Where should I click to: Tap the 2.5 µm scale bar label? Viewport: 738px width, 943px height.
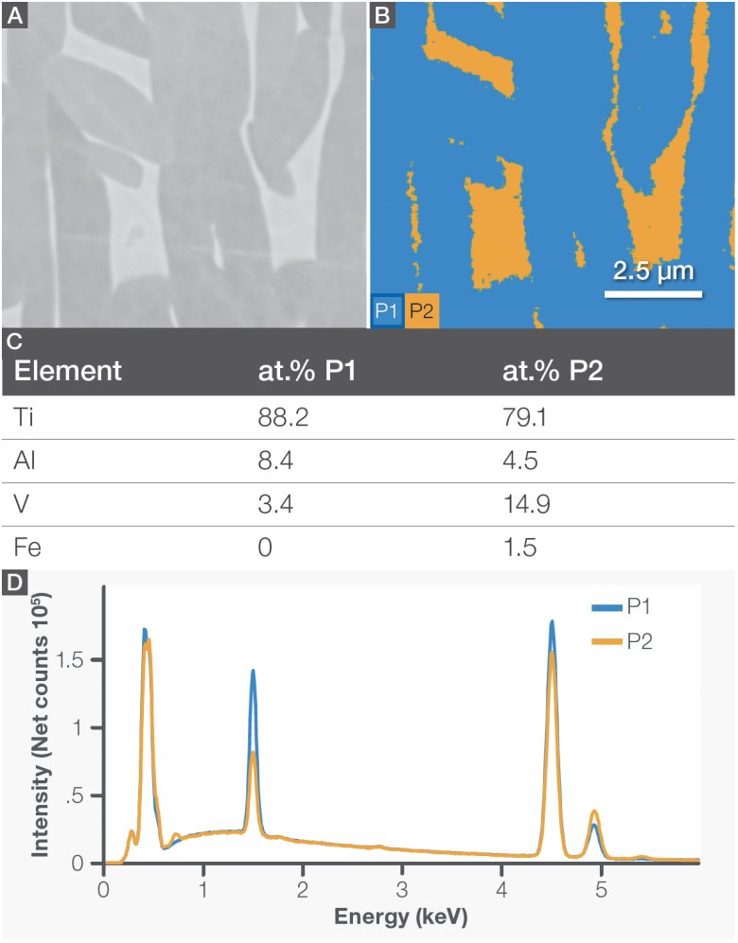click(653, 271)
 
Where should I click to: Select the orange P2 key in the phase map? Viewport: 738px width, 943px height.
click(422, 311)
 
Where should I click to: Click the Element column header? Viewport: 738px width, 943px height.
click(67, 371)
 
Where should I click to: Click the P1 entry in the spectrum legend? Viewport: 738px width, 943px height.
click(639, 607)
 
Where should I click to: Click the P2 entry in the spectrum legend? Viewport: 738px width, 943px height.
click(639, 642)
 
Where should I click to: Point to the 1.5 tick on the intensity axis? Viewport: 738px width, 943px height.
click(81, 659)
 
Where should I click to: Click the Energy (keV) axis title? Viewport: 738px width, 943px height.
click(402, 918)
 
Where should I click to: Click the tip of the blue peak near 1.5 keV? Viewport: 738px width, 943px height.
click(253, 670)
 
